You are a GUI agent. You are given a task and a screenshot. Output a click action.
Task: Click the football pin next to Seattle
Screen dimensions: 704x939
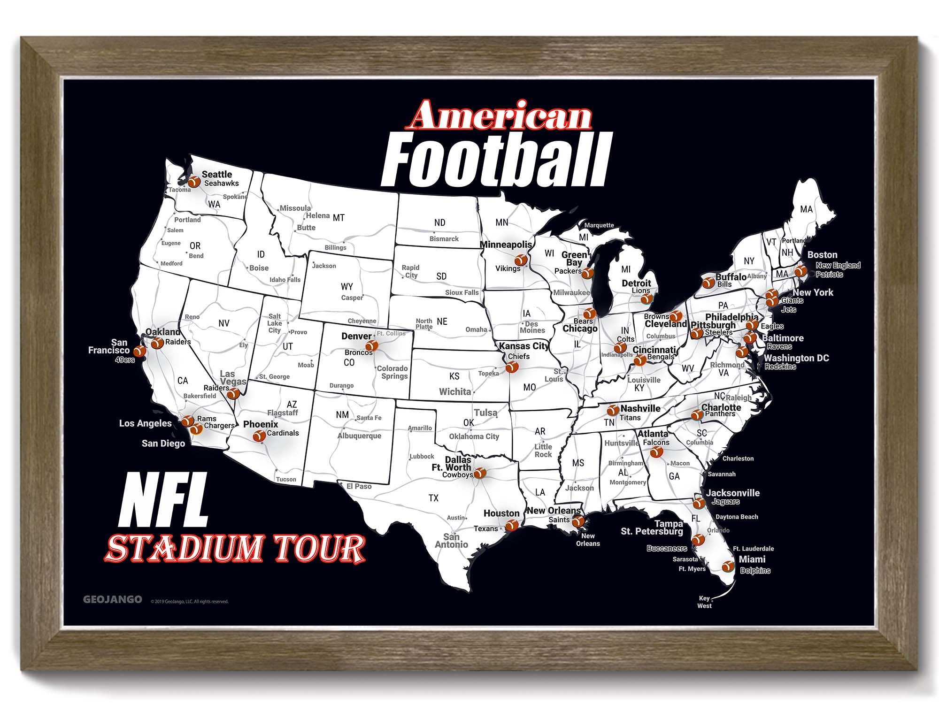(194, 181)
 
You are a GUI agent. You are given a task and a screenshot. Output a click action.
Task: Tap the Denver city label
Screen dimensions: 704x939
(356, 336)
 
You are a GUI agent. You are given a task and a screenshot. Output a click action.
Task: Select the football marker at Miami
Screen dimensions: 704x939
(728, 566)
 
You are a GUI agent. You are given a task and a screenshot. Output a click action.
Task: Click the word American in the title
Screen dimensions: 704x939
(500, 115)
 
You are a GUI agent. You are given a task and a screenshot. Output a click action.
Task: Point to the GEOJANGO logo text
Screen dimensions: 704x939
(113, 599)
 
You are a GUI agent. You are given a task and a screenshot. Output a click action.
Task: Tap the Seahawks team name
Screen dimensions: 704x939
(221, 184)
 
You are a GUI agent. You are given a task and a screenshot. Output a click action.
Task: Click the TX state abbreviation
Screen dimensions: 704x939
(433, 498)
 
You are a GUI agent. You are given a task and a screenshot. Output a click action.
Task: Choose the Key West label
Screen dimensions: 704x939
(704, 602)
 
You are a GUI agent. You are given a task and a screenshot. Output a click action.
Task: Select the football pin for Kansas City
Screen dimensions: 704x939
(512, 367)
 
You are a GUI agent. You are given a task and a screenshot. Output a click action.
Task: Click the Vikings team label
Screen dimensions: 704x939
(508, 268)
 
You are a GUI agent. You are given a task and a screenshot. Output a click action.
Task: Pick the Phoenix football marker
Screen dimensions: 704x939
(259, 436)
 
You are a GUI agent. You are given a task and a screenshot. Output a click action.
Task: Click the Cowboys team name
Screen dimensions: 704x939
(457, 475)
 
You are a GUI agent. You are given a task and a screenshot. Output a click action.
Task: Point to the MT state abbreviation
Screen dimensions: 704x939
(339, 218)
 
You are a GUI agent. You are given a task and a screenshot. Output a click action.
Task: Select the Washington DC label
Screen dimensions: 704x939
(796, 358)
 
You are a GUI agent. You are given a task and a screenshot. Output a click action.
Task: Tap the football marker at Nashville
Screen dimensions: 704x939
(613, 411)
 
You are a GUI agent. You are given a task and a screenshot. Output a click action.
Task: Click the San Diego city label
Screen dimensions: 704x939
(163, 444)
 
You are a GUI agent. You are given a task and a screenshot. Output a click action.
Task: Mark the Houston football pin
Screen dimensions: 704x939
(512, 525)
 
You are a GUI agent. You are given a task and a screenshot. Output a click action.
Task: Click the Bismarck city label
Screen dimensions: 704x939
(444, 239)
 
